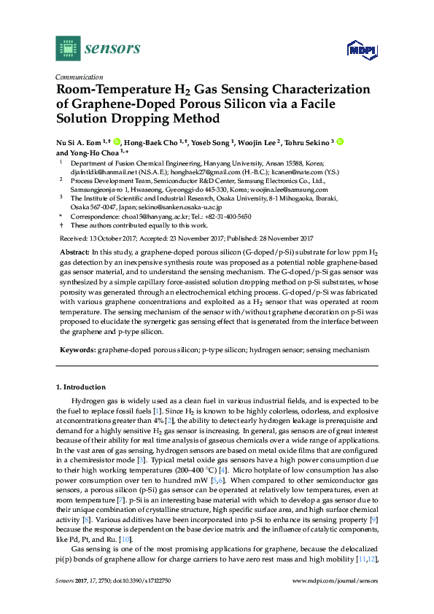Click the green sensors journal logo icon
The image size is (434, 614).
(x=67, y=48)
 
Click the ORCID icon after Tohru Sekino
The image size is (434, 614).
(x=340, y=141)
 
